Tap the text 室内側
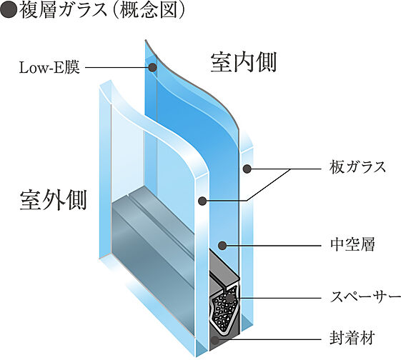243,62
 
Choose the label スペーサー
361,296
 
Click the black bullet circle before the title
8,11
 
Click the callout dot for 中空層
222,246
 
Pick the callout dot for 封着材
214,340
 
